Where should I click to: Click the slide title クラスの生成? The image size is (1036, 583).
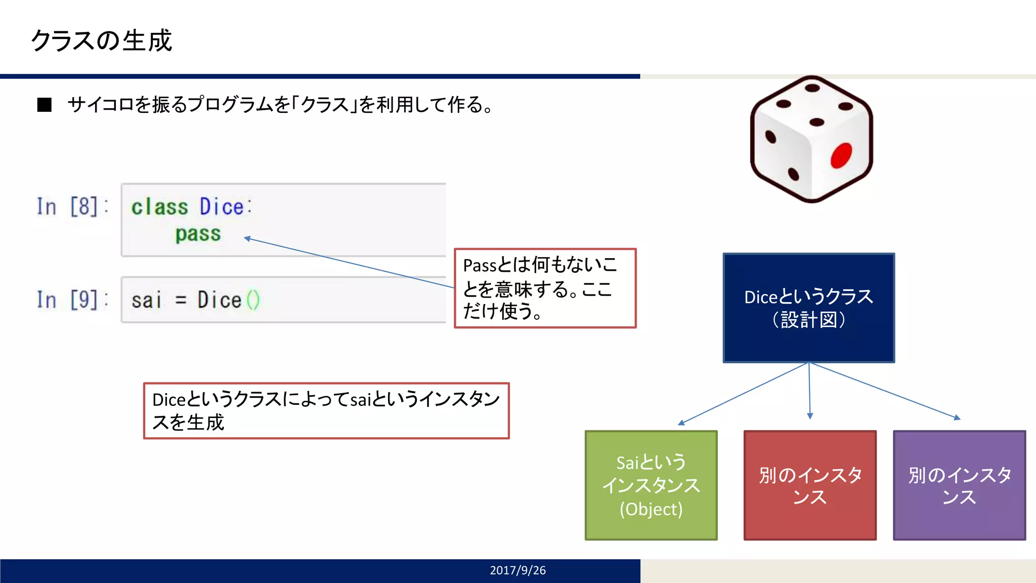pos(101,40)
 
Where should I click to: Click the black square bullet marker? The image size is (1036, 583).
pos(45,105)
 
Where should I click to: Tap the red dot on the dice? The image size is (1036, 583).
pos(841,155)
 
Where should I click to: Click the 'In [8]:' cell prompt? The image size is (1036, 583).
pos(72,206)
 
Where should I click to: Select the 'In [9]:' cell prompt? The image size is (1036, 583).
pos(72,300)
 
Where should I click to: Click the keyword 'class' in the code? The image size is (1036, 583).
pos(159,207)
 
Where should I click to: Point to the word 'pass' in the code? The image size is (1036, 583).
pos(198,234)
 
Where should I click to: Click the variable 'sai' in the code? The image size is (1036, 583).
pos(146,300)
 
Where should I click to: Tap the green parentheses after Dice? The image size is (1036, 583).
pos(253,300)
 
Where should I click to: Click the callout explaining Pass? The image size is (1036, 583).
pos(545,288)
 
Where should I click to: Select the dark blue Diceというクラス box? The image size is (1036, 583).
pos(808,308)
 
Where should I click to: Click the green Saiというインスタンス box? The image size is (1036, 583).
pos(651,485)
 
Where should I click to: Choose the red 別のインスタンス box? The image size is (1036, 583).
pos(810,485)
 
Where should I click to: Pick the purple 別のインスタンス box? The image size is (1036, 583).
pos(959,485)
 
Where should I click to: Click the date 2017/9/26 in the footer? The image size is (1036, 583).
pos(517,570)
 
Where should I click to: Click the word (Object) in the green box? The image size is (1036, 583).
pos(651,509)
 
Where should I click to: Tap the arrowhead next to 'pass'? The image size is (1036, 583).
pos(247,238)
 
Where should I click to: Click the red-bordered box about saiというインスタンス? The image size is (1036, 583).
pos(326,410)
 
